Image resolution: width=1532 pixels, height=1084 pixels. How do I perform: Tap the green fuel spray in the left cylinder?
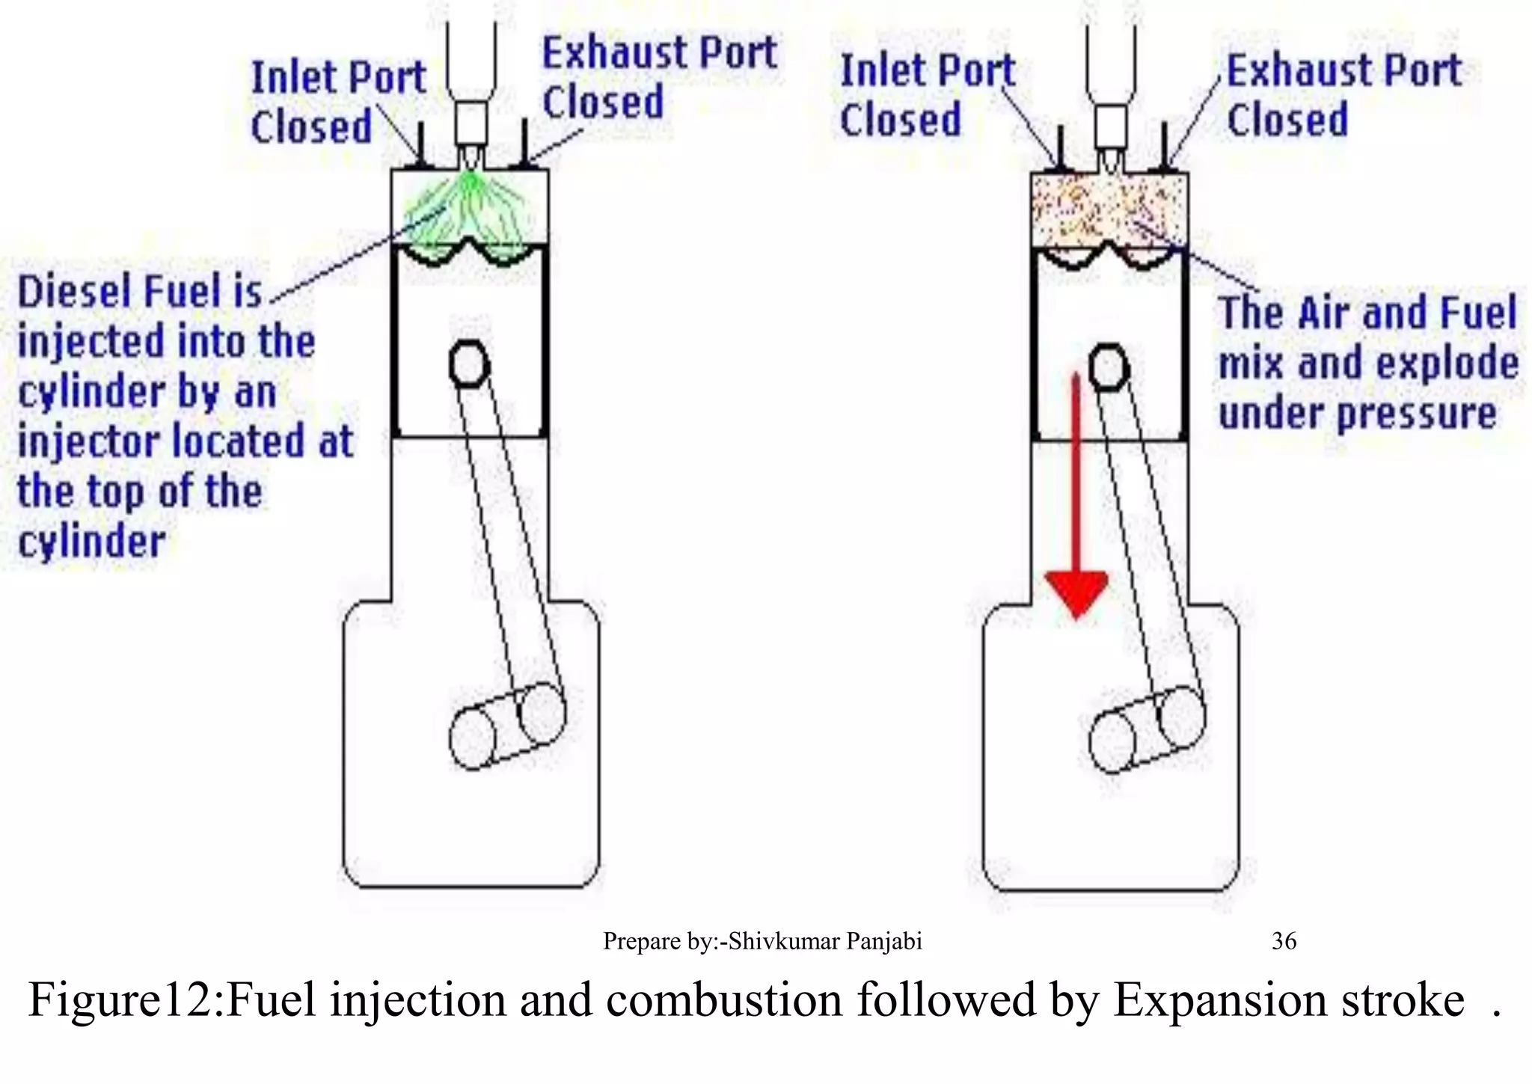tap(470, 209)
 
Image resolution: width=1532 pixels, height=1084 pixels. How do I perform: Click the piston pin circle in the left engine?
tap(470, 364)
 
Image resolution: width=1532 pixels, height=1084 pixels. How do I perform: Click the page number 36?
tap(1284, 940)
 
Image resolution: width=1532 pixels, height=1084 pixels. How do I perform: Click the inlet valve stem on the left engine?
tap(420, 147)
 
